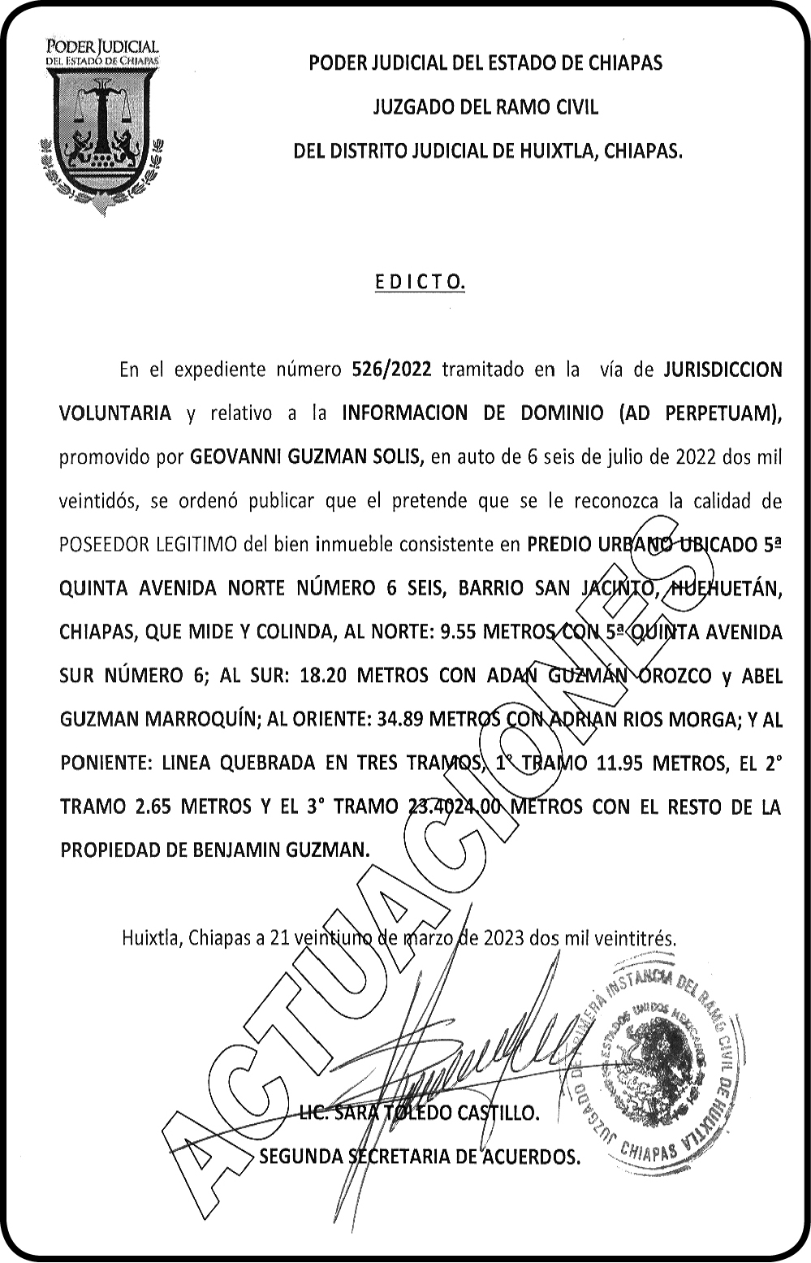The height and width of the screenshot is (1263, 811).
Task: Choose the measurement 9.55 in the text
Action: pyautogui.click(x=459, y=633)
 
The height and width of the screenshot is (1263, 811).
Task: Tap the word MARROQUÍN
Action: pyautogui.click(x=196, y=720)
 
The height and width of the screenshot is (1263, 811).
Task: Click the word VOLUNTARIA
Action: pyautogui.click(x=115, y=413)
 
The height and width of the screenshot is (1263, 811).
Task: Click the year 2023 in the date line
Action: pyautogui.click(x=503, y=938)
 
